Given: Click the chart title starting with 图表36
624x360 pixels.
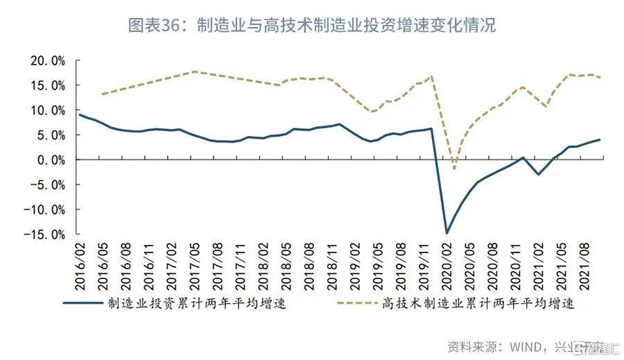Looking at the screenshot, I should (311, 26).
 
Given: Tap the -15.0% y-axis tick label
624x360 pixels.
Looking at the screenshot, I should (46, 234).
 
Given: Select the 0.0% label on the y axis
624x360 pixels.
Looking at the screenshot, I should (51, 160).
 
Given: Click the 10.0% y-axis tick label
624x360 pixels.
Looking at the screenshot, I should (48, 110).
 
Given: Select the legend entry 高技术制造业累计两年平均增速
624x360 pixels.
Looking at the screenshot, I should (478, 303).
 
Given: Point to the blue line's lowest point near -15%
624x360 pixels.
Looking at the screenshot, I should (447, 233).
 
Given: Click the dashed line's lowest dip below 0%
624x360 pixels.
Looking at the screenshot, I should (454, 169).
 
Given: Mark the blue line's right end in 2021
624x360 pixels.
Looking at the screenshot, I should (600, 139).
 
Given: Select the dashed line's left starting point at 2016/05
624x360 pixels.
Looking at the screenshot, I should (101, 94).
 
